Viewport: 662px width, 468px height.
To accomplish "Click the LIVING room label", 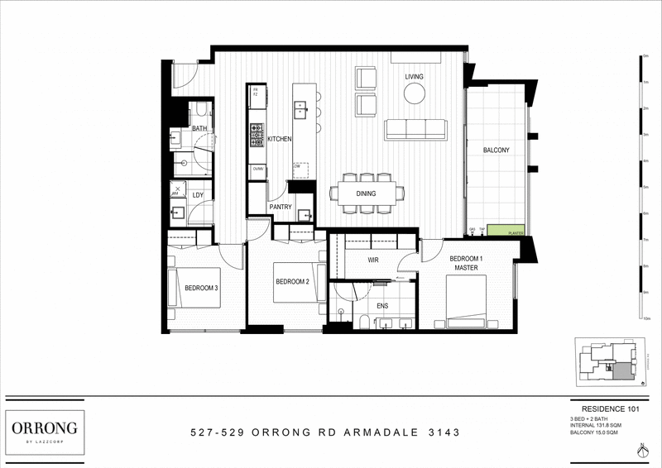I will pyautogui.click(x=414, y=77).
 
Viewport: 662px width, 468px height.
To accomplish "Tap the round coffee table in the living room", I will pyautogui.click(x=414, y=94).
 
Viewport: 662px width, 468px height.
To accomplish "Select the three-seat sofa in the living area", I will pyautogui.click(x=415, y=129).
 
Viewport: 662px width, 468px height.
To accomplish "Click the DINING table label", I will pyautogui.click(x=366, y=193).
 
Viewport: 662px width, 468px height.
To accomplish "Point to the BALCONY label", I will pyautogui.click(x=496, y=150).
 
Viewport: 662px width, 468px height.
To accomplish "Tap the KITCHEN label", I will pyautogui.click(x=279, y=140).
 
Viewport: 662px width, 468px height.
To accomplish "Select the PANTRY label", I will pyautogui.click(x=280, y=207).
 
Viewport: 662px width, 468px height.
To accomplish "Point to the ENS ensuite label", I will pyautogui.click(x=383, y=305).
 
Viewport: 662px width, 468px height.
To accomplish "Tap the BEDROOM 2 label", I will pyautogui.click(x=292, y=282).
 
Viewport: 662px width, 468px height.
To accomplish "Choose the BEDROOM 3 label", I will pyautogui.click(x=201, y=288).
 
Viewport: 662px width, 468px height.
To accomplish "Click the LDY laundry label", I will pyautogui.click(x=198, y=195).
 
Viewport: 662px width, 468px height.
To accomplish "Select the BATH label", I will pyautogui.click(x=199, y=128).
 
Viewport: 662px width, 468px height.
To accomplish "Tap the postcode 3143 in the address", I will pyautogui.click(x=442, y=432).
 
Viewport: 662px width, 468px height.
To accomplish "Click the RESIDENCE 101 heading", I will pyautogui.click(x=611, y=408).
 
